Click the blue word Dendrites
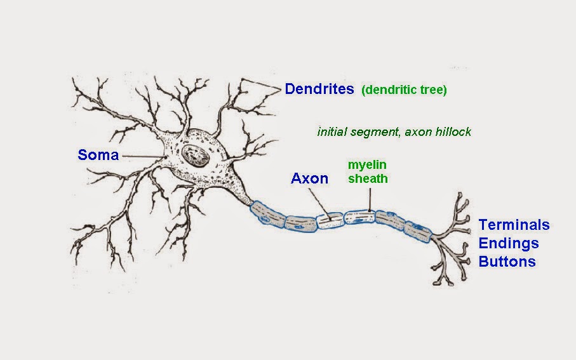319,89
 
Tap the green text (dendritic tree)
404,90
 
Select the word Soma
98,154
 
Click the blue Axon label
309,178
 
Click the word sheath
367,179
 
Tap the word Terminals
514,225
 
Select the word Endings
508,243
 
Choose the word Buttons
507,262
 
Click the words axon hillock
442,132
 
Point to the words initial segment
356,132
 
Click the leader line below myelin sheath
368,201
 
